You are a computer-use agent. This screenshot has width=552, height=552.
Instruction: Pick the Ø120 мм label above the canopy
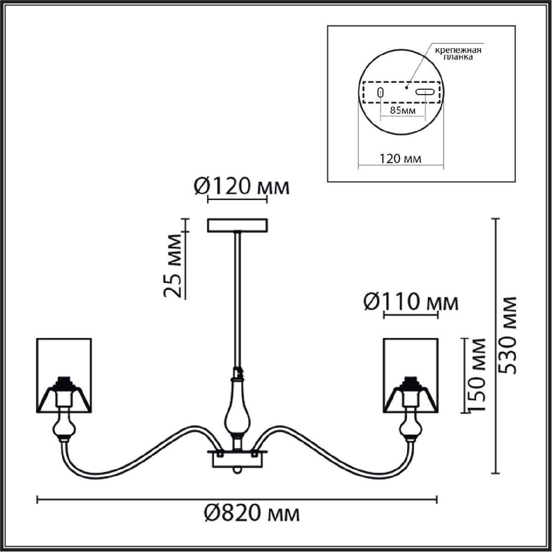[242, 187]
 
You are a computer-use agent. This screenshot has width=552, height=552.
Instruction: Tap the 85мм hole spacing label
[402, 110]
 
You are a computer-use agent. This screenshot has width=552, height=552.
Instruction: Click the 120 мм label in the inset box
[401, 159]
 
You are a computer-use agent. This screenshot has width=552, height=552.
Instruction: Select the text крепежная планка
[458, 53]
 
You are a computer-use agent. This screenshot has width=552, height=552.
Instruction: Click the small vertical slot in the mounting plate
[380, 92]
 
